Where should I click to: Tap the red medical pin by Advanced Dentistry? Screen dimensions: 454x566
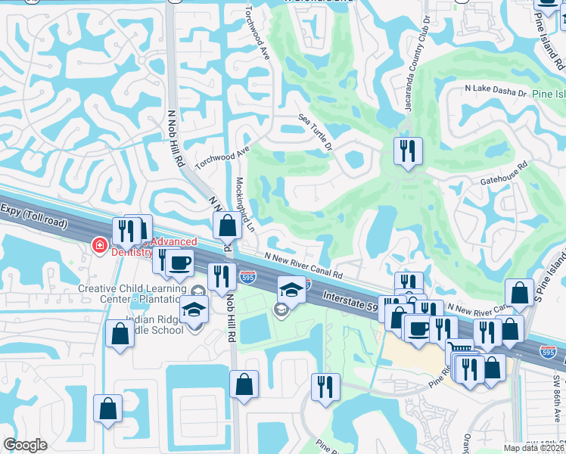(x=98, y=244)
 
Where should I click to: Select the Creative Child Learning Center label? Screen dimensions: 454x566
(x=129, y=294)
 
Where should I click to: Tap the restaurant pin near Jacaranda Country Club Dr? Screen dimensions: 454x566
(x=407, y=151)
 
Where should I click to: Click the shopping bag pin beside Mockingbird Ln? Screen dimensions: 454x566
(x=227, y=225)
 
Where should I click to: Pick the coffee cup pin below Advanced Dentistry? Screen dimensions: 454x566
(x=179, y=263)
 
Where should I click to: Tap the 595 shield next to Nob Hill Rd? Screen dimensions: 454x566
(x=247, y=278)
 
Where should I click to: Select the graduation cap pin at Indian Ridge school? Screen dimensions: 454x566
(x=194, y=309)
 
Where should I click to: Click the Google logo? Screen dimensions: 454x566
(x=25, y=445)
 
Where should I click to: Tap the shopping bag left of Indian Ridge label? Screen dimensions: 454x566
(x=120, y=334)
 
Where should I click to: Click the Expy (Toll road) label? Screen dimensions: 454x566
(x=35, y=216)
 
